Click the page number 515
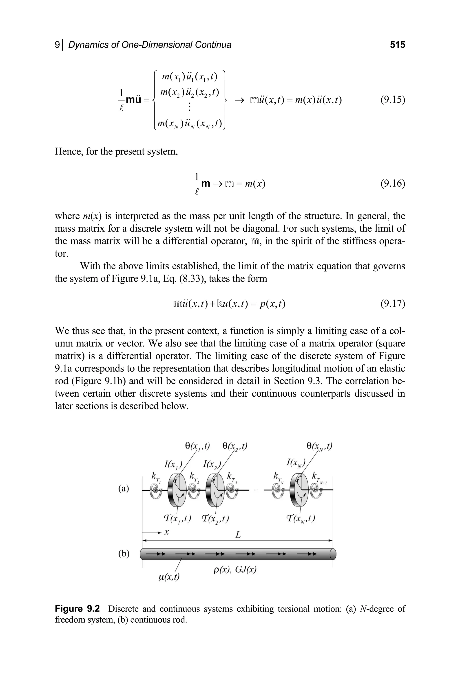pyautogui.click(x=398, y=45)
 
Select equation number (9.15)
pyautogui.click(x=393, y=100)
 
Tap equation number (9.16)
pyautogui.click(x=393, y=184)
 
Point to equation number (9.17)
pyautogui.click(x=393, y=303)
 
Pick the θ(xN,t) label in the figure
pyautogui.click(x=319, y=447)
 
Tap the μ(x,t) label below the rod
pyautogui.click(x=169, y=577)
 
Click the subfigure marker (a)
pyautogui.click(x=124, y=489)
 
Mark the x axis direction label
pyautogui.click(x=166, y=532)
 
